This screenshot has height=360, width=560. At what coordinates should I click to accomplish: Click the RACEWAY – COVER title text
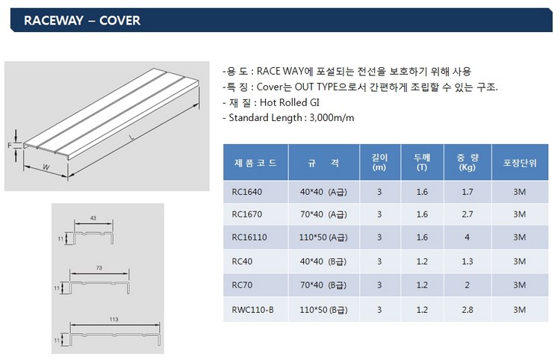click(82, 20)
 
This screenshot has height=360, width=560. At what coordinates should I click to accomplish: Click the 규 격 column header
click(323, 163)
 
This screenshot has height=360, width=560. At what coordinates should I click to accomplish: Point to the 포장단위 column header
click(520, 163)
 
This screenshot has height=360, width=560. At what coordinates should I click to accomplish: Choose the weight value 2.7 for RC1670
click(467, 214)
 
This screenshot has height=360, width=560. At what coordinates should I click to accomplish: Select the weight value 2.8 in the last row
click(467, 310)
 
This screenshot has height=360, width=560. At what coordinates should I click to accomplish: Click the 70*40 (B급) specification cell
click(323, 285)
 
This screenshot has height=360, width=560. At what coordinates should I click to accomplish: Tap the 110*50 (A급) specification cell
click(323, 238)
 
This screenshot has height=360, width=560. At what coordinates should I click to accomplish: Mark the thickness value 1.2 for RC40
click(422, 261)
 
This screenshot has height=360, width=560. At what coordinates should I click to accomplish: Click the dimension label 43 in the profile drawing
click(93, 218)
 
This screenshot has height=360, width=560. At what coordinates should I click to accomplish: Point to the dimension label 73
click(99, 267)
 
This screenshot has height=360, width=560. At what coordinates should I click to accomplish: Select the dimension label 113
click(114, 319)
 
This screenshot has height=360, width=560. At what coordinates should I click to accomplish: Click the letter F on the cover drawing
click(10, 146)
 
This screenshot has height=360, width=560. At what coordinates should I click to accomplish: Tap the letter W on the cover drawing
click(46, 167)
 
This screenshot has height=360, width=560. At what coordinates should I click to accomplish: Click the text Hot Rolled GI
click(290, 103)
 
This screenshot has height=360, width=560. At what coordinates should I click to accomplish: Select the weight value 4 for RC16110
click(467, 238)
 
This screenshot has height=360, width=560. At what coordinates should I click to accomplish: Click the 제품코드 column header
click(255, 163)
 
